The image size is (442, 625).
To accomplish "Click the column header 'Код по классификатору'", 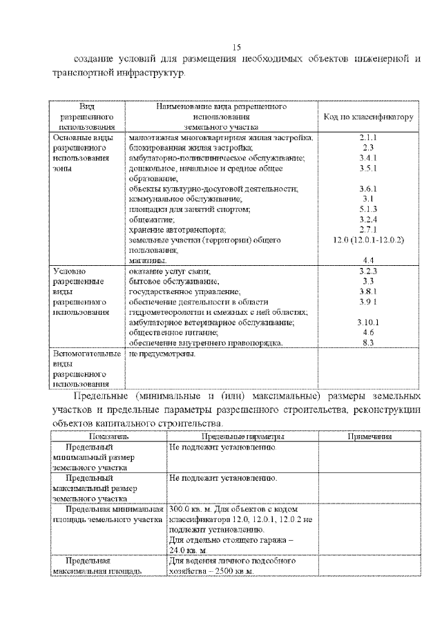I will tap(368, 117).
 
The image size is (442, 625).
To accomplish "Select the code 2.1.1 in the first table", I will tap(368, 138).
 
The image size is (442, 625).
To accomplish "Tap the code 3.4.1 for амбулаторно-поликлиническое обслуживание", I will tap(368, 158).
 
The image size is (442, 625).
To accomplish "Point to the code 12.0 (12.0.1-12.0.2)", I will tap(368, 239).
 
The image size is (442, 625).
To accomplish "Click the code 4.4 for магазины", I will tap(368, 259).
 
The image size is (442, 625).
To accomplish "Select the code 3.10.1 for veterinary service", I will tap(368, 322).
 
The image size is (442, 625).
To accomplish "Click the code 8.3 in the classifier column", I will tap(368, 342).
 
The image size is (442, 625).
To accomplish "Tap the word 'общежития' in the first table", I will tap(150, 219).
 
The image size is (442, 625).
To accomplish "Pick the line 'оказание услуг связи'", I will tap(170, 271).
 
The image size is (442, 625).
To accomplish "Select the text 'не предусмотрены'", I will tap(162, 354).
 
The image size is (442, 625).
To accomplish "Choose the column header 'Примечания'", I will tap(369, 436).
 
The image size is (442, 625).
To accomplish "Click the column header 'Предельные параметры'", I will tap(242, 436).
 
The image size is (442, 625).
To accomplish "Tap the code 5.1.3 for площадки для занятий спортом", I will tap(368, 209).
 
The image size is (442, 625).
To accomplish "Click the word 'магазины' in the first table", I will tap(148, 259).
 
